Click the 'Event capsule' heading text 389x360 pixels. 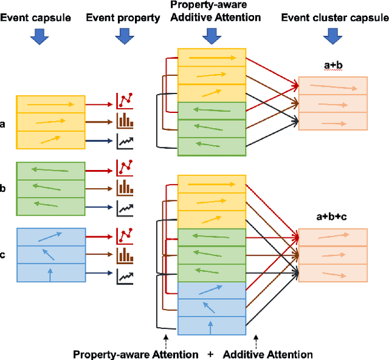[x=35, y=18]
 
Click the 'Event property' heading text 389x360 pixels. [x=124, y=18]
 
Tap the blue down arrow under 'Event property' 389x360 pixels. [x=124, y=37]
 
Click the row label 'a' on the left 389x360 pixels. [x=4, y=124]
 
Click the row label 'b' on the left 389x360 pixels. [x=4, y=189]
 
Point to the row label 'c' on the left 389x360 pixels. [x=4, y=254]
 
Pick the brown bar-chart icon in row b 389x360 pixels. [x=125, y=186]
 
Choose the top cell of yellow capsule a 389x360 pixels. [x=50, y=104]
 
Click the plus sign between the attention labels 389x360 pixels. [x=211, y=354]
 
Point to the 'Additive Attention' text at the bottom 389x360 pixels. [x=268, y=354]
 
